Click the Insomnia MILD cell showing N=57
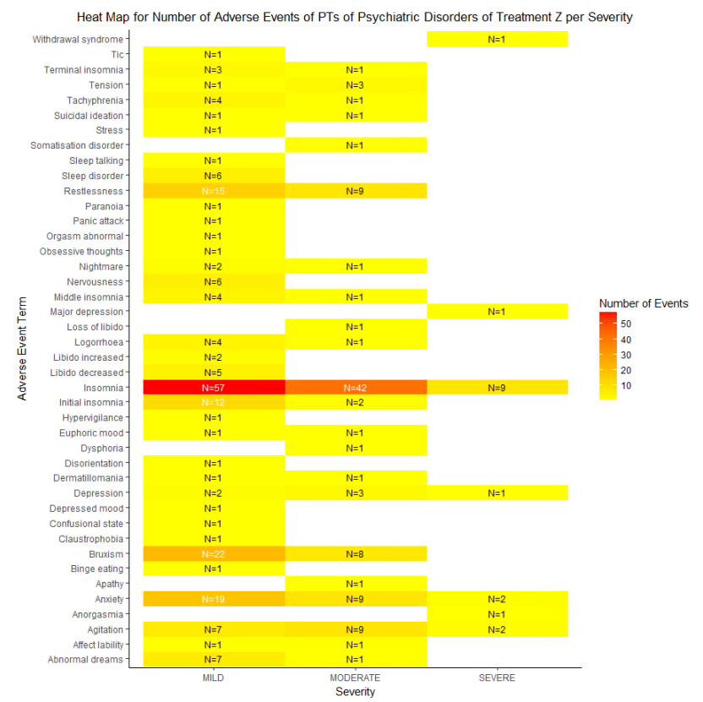click(x=213, y=388)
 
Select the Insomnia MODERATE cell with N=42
click(x=355, y=388)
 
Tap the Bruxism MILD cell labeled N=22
click(x=213, y=554)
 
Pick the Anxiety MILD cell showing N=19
click(x=213, y=600)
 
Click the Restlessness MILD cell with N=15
click(x=213, y=191)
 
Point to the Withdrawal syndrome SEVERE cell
click(x=497, y=40)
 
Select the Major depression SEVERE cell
click(x=497, y=312)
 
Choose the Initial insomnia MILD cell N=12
click(x=213, y=403)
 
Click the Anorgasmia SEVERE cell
click(x=497, y=615)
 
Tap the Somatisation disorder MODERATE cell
click(x=355, y=145)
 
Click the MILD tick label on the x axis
click(x=213, y=678)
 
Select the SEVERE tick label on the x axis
click(x=497, y=678)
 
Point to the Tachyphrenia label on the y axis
click(x=95, y=101)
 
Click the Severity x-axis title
click(x=355, y=692)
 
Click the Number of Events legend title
click(x=643, y=303)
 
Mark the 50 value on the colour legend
click(x=626, y=324)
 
